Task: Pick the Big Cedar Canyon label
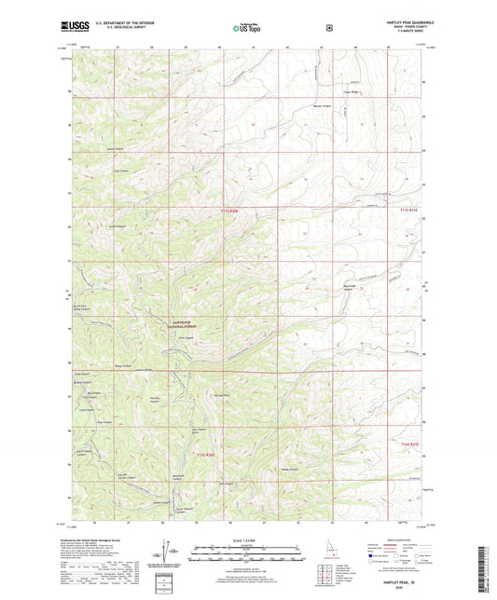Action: click(350, 287)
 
